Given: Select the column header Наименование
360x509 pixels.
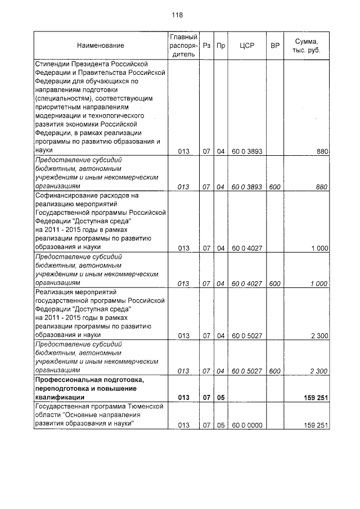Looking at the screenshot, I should (101, 45).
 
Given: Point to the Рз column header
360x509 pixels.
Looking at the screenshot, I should (207, 45).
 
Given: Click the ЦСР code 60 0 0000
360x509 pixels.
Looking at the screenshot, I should (247, 425).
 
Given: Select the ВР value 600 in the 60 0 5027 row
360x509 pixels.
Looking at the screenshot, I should (274, 371).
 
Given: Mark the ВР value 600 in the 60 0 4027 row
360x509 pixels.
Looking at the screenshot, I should (274, 284).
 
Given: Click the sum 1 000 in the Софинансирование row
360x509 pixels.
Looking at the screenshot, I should (318, 248).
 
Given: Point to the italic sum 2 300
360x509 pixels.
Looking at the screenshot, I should (318, 371).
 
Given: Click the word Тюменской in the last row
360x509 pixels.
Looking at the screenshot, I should (145, 406).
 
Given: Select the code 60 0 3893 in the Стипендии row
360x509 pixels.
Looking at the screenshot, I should (247, 151).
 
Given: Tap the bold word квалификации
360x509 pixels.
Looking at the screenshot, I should (58, 398).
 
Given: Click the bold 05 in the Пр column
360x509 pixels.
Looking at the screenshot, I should (220, 398).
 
